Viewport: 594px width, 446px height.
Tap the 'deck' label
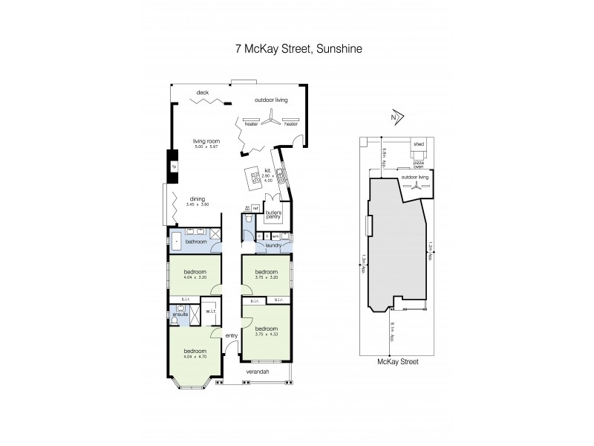pos(202,93)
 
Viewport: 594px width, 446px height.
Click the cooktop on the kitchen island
pos(256,177)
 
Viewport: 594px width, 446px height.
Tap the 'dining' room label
pos(197,199)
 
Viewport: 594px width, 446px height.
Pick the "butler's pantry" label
pos(275,213)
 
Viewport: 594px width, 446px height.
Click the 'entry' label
pos(231,335)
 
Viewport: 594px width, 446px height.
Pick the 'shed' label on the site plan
pos(419,144)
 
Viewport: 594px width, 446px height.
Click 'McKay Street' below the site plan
pos(398,361)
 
